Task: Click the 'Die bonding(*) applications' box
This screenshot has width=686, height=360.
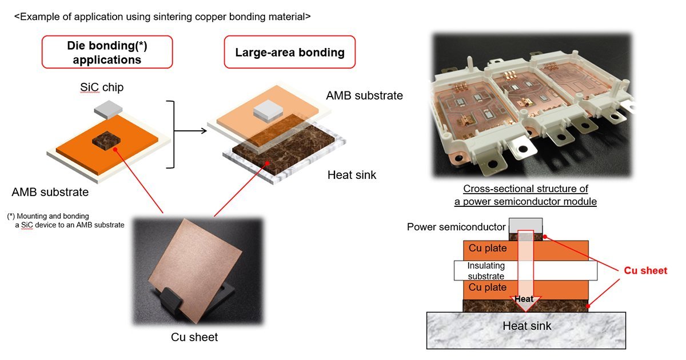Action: click(x=107, y=52)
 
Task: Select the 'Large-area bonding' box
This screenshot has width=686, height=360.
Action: click(x=290, y=52)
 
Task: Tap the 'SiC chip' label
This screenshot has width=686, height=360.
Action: click(x=102, y=87)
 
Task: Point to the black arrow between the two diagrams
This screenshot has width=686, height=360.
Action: click(x=190, y=131)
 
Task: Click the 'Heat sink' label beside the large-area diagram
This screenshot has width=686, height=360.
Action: click(x=352, y=175)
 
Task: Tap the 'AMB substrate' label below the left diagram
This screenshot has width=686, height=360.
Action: click(x=50, y=192)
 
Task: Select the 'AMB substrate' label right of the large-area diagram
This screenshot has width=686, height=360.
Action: click(x=365, y=95)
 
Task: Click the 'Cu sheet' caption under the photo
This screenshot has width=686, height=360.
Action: click(x=194, y=337)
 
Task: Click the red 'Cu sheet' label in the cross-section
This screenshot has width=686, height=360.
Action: click(x=645, y=271)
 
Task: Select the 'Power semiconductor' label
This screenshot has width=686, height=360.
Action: click(x=456, y=227)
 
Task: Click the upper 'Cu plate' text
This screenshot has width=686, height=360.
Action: click(x=488, y=248)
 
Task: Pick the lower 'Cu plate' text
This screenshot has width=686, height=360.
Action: click(x=488, y=287)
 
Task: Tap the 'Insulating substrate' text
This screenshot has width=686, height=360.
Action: click(x=486, y=271)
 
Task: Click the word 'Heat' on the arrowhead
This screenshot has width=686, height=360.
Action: click(x=524, y=299)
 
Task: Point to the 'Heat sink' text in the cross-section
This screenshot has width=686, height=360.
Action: click(x=527, y=326)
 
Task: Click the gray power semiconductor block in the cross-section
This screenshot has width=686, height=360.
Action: click(x=525, y=226)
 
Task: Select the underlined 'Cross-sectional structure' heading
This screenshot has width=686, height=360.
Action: click(x=525, y=195)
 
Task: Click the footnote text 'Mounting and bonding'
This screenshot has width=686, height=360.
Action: click(x=53, y=216)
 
